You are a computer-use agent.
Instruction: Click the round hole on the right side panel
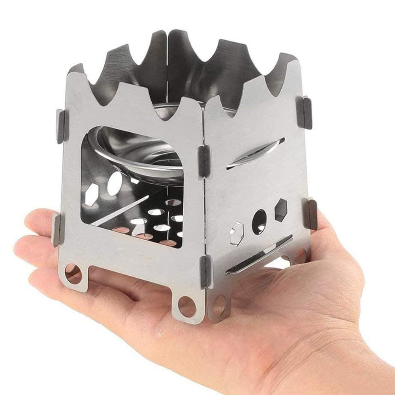pos(259,222)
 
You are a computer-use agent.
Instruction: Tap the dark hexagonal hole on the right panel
pos(281,209)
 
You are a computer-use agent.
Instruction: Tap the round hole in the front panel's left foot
pos(73,274)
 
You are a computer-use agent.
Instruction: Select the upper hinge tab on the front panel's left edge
pos(60,126)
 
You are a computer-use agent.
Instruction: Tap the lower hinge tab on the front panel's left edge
pos(57,229)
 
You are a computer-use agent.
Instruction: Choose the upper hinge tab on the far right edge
pos(308,112)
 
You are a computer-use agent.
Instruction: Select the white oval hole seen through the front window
pos(115,182)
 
